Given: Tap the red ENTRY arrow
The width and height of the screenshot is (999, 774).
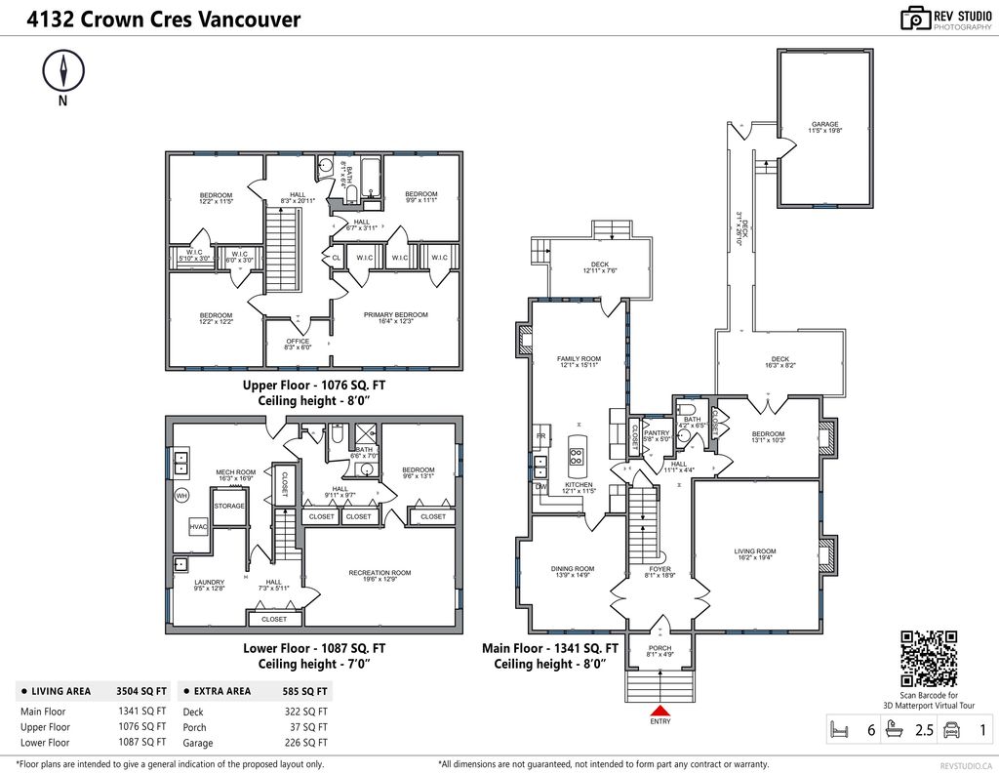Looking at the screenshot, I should tap(660, 711).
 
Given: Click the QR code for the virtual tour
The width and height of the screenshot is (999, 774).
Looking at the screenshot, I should tap(928, 659).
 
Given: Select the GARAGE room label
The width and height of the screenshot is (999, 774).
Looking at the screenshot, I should tap(825, 125).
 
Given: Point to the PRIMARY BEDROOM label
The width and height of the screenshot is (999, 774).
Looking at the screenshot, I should tap(395, 315).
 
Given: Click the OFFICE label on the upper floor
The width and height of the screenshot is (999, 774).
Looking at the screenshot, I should tap(298, 341).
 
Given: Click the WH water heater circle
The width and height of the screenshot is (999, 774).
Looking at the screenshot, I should tap(181, 496).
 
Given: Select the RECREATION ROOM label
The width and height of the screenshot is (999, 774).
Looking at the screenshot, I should tap(380, 573).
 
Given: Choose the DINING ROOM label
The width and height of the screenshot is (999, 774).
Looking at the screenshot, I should tap(572, 568).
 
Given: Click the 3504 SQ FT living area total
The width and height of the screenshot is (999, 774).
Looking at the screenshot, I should tap(142, 691).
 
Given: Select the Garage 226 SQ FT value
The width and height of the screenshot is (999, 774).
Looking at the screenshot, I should tap(307, 743).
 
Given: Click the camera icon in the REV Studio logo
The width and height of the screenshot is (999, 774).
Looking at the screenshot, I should tap(915, 18).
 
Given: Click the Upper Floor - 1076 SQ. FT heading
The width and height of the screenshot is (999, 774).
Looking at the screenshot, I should tap(314, 386).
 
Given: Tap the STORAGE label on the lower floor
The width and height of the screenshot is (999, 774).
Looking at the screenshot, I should tap(229, 506).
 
